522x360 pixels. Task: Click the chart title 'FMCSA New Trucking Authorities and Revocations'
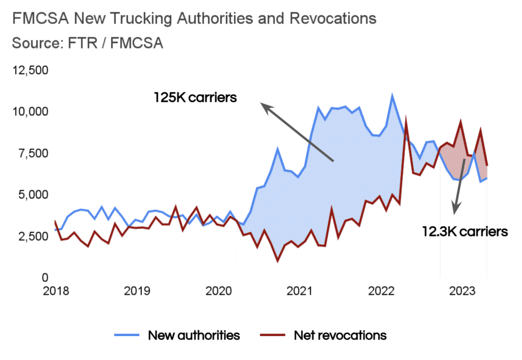tap(194, 19)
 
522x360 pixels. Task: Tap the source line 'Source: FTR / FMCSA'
tap(87, 43)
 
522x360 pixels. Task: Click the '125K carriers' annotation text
tap(195, 97)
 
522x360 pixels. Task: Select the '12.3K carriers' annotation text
tap(464, 232)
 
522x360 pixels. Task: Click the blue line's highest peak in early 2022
tap(392, 95)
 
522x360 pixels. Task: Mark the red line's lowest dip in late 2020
tap(278, 261)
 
